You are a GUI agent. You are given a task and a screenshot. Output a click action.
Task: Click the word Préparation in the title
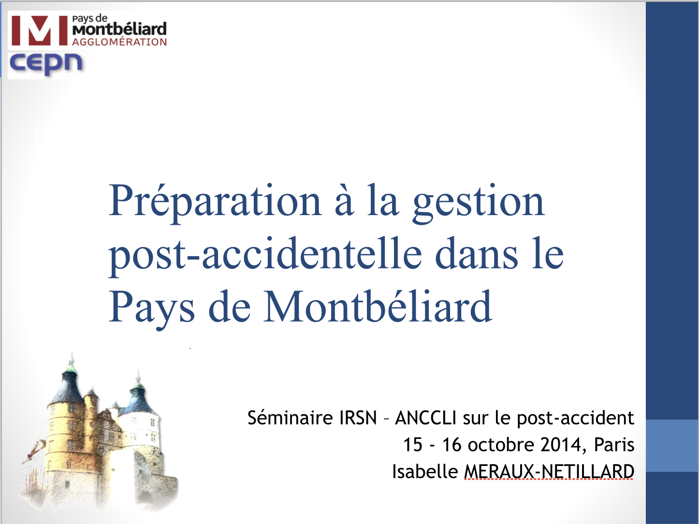pos(215,202)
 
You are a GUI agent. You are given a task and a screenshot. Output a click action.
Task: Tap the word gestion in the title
pos(478,202)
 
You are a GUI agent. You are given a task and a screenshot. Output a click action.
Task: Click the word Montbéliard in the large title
pos(378,307)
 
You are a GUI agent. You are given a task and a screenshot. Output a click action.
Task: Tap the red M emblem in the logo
pos(39,31)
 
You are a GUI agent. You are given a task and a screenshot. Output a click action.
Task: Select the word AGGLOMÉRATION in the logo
pos(119,42)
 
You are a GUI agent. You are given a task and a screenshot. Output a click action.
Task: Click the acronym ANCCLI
pos(425,418)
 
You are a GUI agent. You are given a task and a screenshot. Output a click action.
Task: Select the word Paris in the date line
pos(614,445)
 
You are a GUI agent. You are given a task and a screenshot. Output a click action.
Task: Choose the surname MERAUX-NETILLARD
pos(549,471)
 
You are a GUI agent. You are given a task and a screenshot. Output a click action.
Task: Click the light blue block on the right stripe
pos(672,445)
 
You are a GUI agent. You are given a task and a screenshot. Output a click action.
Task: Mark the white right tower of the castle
pos(142,416)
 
